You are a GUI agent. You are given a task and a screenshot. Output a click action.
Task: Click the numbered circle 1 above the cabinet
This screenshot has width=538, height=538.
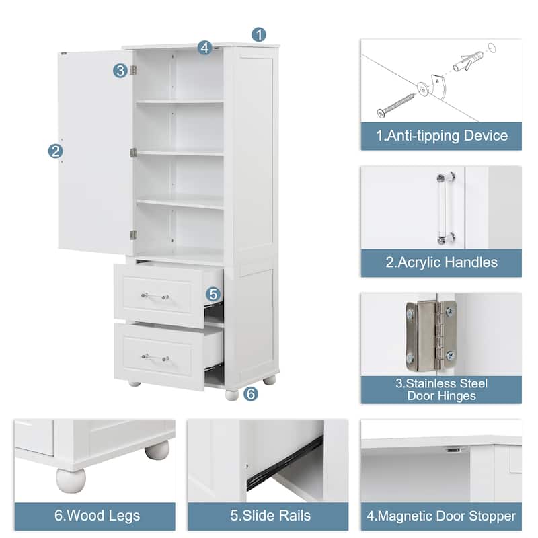click(260, 34)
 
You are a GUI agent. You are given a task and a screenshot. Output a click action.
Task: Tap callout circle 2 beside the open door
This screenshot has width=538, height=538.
click(56, 151)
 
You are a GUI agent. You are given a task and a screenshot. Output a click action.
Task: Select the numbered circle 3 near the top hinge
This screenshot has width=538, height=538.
click(120, 70)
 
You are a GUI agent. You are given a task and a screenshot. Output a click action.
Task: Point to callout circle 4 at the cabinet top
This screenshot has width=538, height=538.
click(205, 48)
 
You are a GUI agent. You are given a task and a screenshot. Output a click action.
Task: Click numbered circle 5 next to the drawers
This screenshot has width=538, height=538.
click(213, 294)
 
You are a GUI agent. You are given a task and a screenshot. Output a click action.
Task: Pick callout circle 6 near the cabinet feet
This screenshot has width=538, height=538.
click(251, 395)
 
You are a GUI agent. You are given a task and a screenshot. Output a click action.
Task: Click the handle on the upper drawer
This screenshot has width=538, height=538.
click(155, 296)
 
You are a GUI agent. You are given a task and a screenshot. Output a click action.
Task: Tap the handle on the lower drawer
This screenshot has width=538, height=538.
click(155, 358)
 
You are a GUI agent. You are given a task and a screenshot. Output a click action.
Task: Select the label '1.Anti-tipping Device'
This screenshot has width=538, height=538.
click(441, 136)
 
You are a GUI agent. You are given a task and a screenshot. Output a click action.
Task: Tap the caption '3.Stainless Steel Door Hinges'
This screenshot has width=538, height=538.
click(441, 390)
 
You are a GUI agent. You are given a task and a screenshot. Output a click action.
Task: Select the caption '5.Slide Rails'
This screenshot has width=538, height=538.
click(271, 516)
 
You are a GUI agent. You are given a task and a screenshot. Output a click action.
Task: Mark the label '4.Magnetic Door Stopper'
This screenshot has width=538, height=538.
click(441, 516)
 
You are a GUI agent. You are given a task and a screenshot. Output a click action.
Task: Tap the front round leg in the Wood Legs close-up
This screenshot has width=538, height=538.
click(71, 480)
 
